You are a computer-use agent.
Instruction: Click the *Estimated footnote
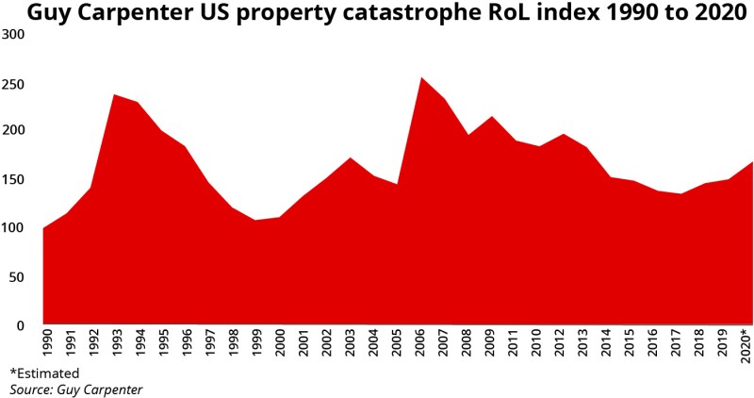(44, 373)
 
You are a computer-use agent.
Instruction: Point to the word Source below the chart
(32, 388)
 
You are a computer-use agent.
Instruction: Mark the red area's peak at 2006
(421, 78)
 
